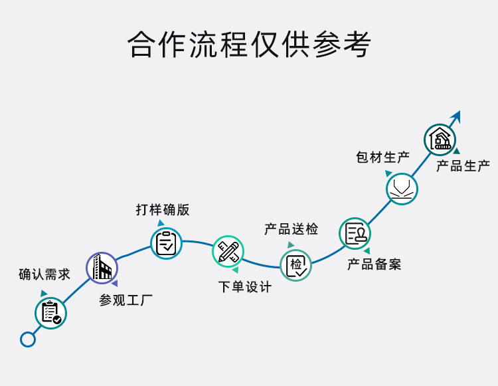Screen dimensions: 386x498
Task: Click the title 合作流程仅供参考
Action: (x=249, y=45)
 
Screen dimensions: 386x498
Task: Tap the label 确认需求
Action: (x=44, y=274)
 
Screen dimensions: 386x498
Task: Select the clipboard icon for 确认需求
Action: (x=51, y=312)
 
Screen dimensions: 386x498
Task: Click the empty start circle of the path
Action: (x=28, y=339)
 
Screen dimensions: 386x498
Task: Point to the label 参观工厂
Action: (x=126, y=300)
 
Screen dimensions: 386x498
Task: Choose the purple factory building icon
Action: (x=102, y=268)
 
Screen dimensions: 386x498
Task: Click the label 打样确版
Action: (x=163, y=210)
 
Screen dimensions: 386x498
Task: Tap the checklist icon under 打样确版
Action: (x=166, y=243)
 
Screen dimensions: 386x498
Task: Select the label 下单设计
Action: (x=245, y=287)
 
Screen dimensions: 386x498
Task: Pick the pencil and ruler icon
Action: (x=228, y=252)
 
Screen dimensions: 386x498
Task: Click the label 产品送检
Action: (x=291, y=229)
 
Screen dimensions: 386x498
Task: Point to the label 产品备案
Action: (x=374, y=264)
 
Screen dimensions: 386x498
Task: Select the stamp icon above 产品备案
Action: (x=355, y=234)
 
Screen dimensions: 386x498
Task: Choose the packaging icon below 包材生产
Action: (x=402, y=187)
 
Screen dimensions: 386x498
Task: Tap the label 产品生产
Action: (x=463, y=166)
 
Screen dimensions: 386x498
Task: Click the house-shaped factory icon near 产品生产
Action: (x=440, y=140)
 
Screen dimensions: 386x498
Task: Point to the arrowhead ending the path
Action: (x=456, y=116)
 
